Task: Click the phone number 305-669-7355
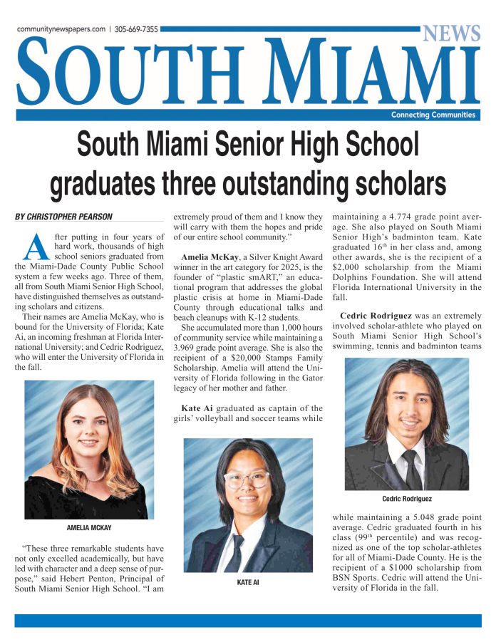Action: pos(138,30)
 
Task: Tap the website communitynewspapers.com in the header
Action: pos(61,30)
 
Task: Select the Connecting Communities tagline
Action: pos(433,115)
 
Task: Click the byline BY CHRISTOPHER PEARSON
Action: pos(63,216)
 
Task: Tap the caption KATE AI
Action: pos(248,582)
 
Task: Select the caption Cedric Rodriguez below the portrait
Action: pos(407,499)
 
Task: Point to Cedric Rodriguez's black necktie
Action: pos(410,467)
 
